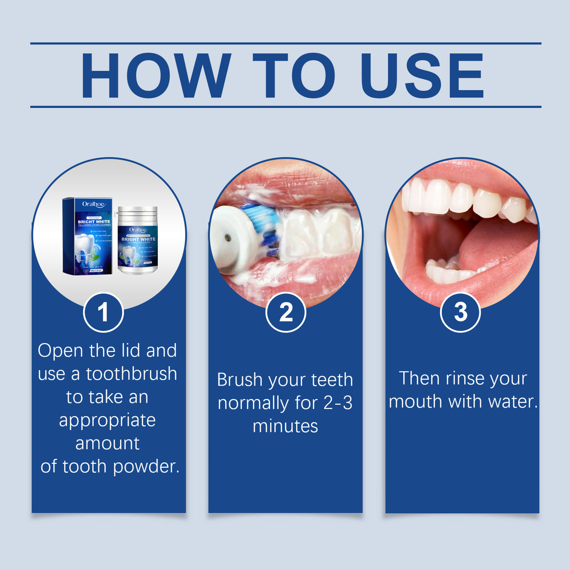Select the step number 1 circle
point(103,312)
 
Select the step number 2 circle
point(285,312)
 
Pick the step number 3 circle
point(461,312)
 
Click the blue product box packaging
point(88,236)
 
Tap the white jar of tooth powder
point(138,244)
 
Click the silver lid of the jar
point(138,214)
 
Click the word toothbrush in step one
point(131,374)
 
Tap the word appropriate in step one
point(107,420)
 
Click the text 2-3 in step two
point(338,403)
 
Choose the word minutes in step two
point(285,426)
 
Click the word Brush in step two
point(239,380)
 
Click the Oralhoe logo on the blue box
point(93,204)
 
